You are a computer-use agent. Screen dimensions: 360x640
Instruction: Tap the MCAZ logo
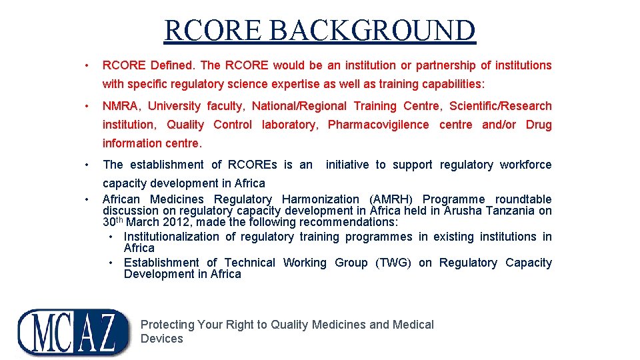click(74, 331)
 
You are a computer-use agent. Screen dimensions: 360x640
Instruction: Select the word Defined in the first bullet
click(173, 65)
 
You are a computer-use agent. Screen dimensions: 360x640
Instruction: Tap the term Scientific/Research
click(501, 106)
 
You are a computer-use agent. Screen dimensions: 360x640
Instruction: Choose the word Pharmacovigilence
click(378, 125)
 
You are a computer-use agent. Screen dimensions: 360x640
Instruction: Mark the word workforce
click(525, 165)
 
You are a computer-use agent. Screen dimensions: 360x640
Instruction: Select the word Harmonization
click(320, 199)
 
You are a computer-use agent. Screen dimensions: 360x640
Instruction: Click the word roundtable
click(523, 199)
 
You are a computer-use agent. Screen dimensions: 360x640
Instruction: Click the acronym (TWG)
click(393, 263)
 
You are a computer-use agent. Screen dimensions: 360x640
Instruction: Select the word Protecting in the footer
click(167, 325)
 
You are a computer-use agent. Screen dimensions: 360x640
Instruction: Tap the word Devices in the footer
click(161, 339)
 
